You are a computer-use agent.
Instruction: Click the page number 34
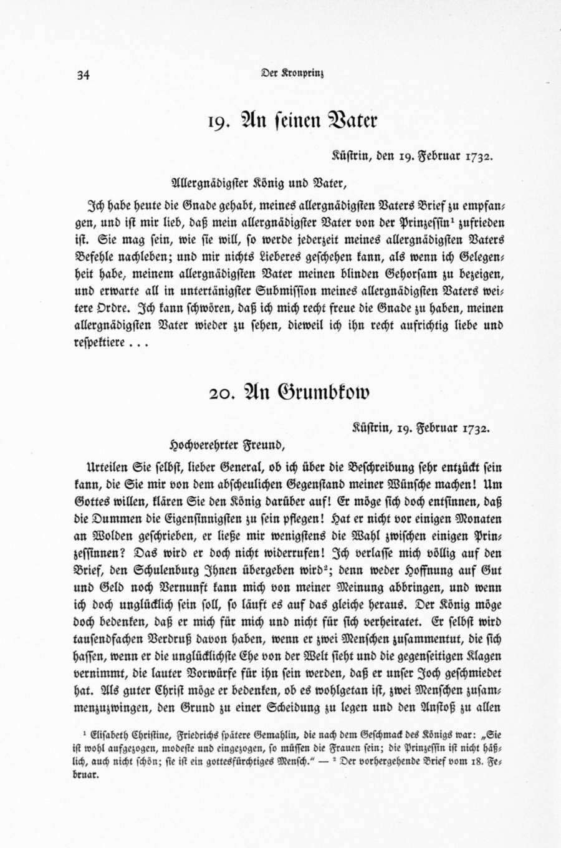pos(84,75)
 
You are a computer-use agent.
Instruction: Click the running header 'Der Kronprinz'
pos(292,72)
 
